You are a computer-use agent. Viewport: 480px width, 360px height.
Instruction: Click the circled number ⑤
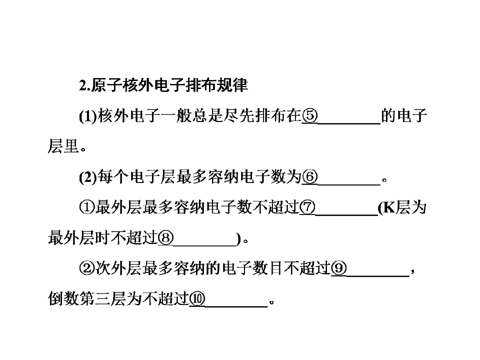[x=310, y=116]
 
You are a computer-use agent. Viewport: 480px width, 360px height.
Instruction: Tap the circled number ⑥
[x=310, y=177]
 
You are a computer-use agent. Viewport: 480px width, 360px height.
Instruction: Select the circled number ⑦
[x=307, y=208]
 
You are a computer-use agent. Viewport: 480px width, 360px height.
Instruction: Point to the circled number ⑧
[x=165, y=238]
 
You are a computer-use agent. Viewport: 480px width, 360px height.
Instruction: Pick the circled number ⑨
[x=339, y=269]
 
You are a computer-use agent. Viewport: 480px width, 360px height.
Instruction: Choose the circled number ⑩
[x=197, y=299]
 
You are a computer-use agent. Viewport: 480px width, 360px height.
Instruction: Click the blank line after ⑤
[x=349, y=123]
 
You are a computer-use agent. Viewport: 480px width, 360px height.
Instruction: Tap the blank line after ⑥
[x=349, y=184]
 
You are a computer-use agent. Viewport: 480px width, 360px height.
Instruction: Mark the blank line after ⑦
[x=346, y=215]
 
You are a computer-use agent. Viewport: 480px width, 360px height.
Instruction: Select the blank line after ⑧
[x=205, y=245]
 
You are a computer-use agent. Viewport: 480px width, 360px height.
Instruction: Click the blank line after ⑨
[x=378, y=276]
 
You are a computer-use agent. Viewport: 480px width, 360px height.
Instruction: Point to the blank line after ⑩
[x=236, y=306]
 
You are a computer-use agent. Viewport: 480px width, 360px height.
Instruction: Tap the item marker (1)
[x=88, y=116]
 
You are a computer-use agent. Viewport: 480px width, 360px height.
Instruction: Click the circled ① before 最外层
[x=86, y=208]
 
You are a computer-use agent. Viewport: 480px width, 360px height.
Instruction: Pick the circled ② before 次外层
[x=86, y=269]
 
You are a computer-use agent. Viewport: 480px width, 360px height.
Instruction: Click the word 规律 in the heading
[x=232, y=85]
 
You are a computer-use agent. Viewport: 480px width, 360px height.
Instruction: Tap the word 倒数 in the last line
[x=63, y=299]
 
